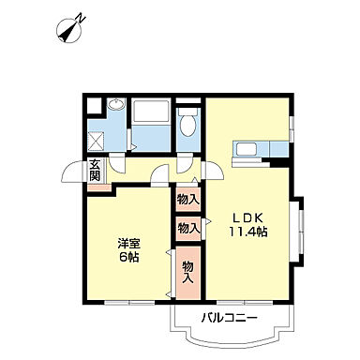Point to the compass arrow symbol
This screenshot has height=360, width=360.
pos(68,32)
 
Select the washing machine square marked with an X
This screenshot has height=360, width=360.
pos(97,141)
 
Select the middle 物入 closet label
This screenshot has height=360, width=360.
pos(187,227)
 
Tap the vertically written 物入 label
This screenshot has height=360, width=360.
pos(187,272)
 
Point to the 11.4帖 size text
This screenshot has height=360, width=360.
pos(249,232)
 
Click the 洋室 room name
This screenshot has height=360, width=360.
pos(128,239)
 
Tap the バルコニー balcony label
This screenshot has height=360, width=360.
pos(229,319)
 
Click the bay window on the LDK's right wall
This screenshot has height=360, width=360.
pos(300,229)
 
